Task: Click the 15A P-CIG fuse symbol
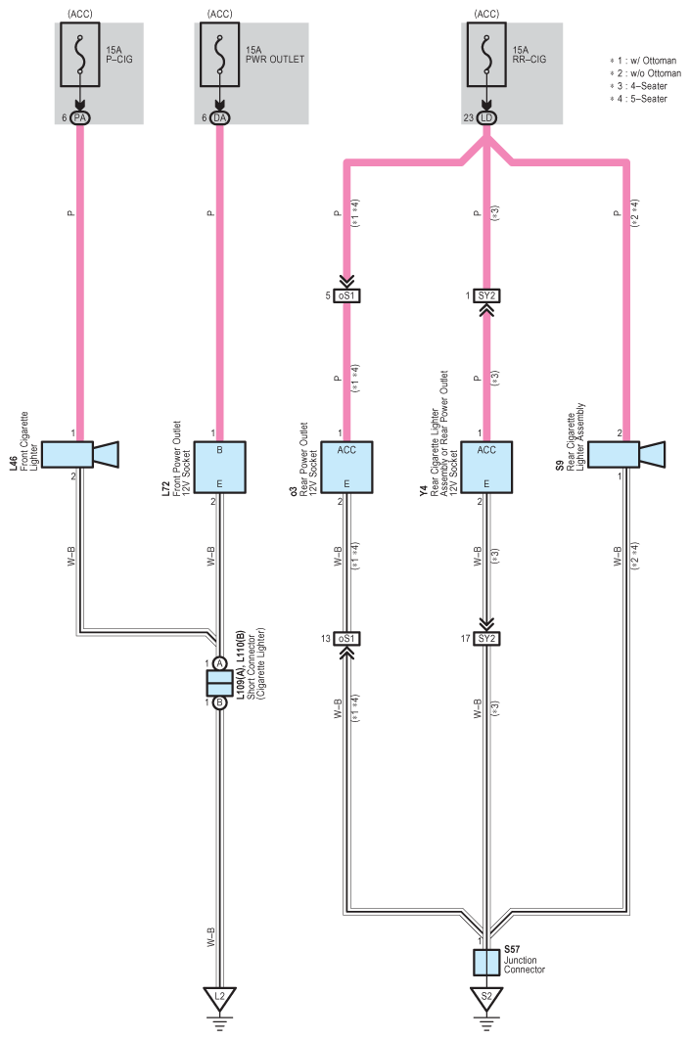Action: pos(80,55)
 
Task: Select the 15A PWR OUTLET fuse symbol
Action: pos(219,55)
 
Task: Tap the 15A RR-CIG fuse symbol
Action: pos(486,55)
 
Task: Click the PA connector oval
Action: pos(80,118)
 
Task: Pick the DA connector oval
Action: pos(219,118)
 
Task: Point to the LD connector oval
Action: pos(486,118)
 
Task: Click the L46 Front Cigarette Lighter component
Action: pos(80,454)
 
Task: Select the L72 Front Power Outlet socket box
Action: pos(219,467)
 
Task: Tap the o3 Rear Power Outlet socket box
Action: pos(346,467)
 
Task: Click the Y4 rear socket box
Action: pos(486,467)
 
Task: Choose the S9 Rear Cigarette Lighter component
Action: pos(626,454)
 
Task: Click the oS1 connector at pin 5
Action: pos(346,295)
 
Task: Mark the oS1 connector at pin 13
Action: pos(346,639)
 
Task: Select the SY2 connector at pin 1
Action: pos(486,295)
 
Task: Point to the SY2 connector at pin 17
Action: pos(486,639)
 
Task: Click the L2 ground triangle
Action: pos(219,997)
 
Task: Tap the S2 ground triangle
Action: pos(486,997)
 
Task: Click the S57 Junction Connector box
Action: pos(486,963)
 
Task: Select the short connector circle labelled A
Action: pos(219,663)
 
